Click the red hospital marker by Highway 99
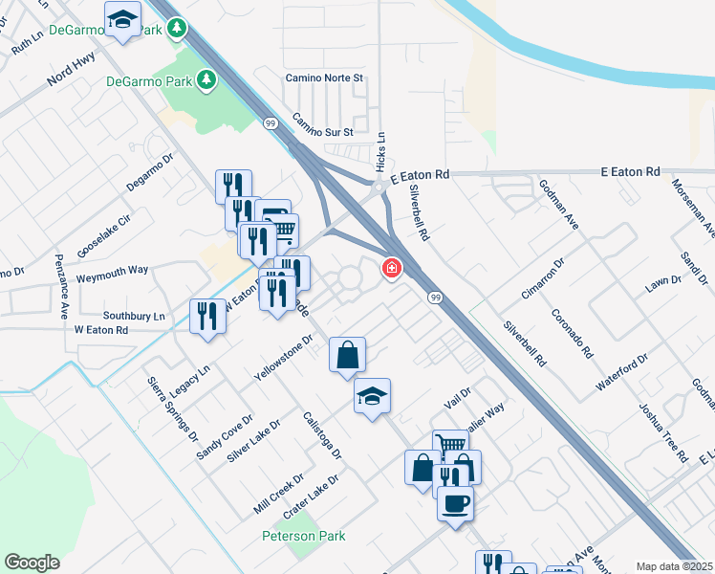coord(391,269)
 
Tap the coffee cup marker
coord(455,501)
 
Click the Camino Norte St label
coord(325,77)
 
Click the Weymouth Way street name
coord(113,271)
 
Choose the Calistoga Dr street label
coord(322,434)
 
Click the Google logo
coord(32,563)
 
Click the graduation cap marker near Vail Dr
coord(372,397)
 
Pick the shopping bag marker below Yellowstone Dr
coord(348,355)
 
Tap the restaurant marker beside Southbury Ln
coord(207,316)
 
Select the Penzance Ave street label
coord(61,285)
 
